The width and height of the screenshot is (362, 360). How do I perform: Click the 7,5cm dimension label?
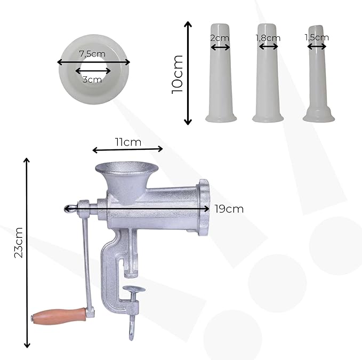tap(92, 54)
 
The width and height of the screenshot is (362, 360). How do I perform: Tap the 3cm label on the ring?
tap(92, 79)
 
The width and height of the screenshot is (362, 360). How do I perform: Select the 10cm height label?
tap(178, 74)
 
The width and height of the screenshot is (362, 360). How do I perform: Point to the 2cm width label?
tap(220, 38)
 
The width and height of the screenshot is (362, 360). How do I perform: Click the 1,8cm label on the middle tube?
tap(268, 38)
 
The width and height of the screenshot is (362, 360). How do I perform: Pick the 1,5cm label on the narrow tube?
tap(317, 37)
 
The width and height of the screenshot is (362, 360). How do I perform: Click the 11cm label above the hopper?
tap(128, 142)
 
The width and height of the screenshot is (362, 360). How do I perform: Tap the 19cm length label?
tap(229, 209)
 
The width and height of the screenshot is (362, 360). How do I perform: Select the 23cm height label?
tap(19, 243)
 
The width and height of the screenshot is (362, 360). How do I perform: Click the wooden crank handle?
tap(59, 316)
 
